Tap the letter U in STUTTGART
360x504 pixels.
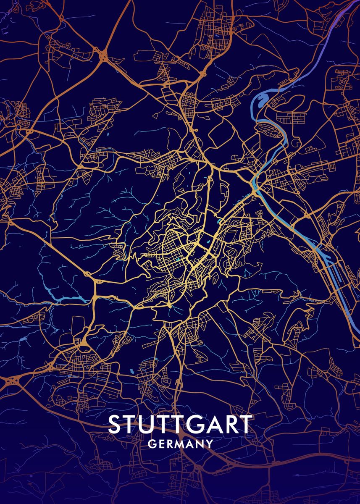tap(150, 425)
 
